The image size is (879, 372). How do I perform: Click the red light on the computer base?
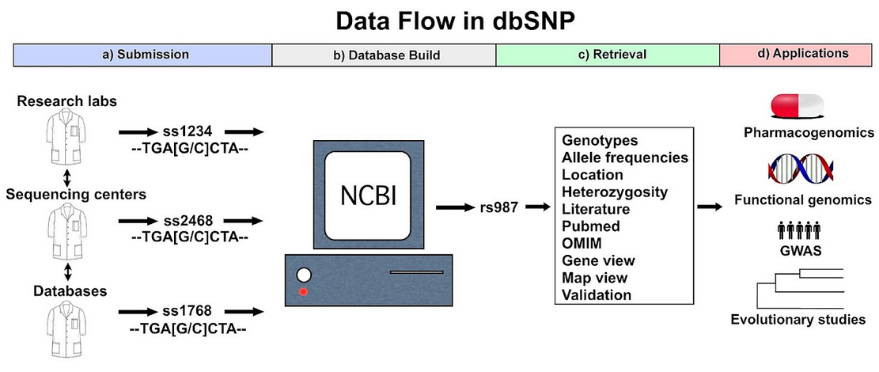tap(303, 291)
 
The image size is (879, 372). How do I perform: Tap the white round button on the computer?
tap(303, 275)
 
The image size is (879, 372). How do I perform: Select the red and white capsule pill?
tap(798, 107)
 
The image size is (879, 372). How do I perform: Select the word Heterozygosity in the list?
tap(615, 192)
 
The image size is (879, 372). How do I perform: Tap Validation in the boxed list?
tap(597, 295)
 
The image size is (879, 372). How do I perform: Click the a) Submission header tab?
tap(143, 55)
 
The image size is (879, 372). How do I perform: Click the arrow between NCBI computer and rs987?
tap(455, 207)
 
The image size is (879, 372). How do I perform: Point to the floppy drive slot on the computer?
tap(416, 273)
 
